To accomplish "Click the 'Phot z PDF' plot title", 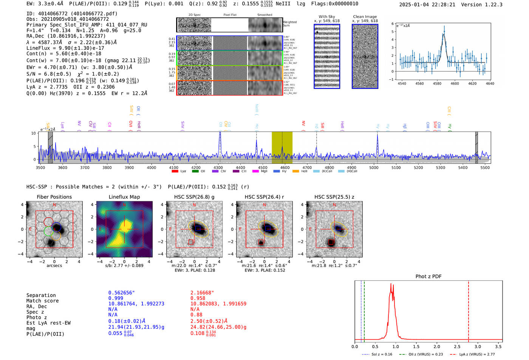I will tap(428, 277).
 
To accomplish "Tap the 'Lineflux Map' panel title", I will tap(124, 197).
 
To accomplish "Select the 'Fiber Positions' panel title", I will tap(54, 197).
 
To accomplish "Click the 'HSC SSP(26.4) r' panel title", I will tap(264, 197).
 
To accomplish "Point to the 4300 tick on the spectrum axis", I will tap(218, 167).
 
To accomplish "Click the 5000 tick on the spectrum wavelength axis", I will tap(374, 167).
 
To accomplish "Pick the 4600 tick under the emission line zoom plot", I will tap(455, 83).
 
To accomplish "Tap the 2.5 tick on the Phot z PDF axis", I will tap(457, 346).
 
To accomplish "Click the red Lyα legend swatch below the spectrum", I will tap(175, 172).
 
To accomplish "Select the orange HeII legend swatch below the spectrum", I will tap(295, 172).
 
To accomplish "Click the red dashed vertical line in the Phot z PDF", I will tap(469, 310).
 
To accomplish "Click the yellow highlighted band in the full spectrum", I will tap(282, 147).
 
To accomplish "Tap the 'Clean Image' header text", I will tap(365, 17).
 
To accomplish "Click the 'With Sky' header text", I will tap(326, 17).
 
